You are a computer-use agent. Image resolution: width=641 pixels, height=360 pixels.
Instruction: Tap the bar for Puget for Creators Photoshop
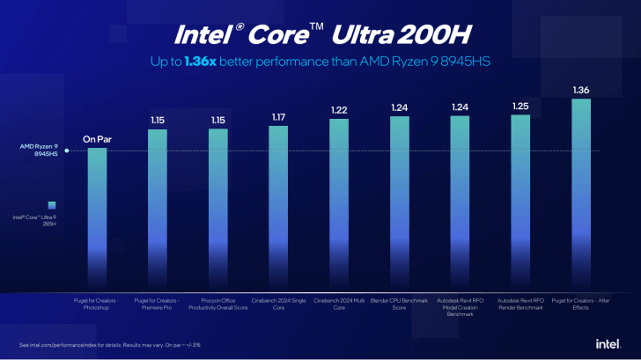coord(97,220)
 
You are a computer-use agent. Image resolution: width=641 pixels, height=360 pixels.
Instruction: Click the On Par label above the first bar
coord(97,138)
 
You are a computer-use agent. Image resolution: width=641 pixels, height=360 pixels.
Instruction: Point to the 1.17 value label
coord(278,116)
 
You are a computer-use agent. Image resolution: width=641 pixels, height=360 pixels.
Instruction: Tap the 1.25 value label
coord(519,106)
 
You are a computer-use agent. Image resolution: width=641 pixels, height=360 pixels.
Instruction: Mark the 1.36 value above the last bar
coord(580,90)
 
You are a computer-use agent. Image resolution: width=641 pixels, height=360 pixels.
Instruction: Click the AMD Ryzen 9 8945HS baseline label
coord(38,151)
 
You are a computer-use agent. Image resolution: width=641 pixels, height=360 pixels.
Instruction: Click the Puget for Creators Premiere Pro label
coord(158,304)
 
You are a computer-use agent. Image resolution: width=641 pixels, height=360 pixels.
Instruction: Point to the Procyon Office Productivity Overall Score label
coord(217,304)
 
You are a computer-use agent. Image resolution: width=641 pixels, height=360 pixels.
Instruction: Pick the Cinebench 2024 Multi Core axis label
coord(339,304)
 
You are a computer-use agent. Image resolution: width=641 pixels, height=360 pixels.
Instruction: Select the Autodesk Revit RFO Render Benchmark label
coord(519,304)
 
